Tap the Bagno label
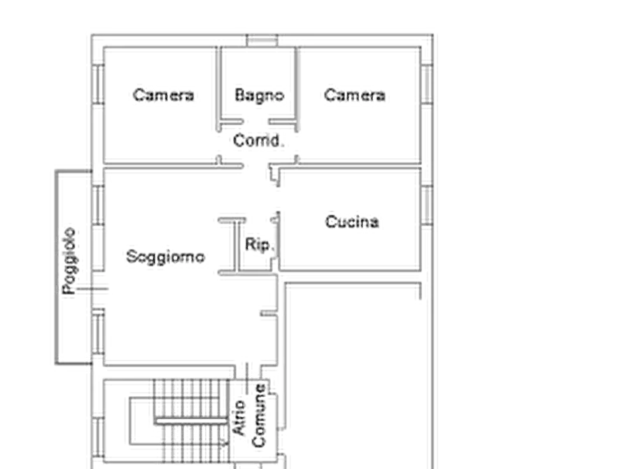[x=260, y=94]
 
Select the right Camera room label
[x=353, y=95]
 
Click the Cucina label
[x=354, y=222]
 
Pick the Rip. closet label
[x=255, y=244]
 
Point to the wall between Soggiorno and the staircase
[x=175, y=365]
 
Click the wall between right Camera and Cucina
[x=357, y=167]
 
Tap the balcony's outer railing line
[x=53, y=266]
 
